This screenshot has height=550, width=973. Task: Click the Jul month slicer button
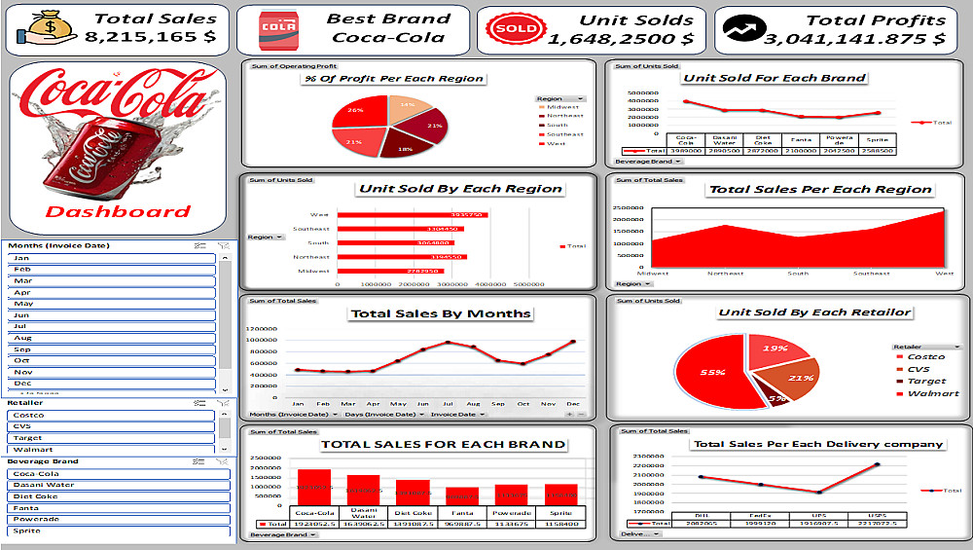coord(111,326)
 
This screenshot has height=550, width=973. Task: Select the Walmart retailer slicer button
coord(111,450)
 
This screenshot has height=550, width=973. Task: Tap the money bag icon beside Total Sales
coord(45,30)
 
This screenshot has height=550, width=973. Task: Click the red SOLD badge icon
coord(515,29)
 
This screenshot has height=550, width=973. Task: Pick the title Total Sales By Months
coord(440,313)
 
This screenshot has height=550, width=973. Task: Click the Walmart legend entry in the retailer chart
coord(932,394)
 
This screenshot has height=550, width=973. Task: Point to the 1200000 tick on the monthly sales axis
coord(263,329)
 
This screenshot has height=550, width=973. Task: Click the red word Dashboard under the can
coord(119,212)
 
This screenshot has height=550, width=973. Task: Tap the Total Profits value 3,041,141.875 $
coord(853,39)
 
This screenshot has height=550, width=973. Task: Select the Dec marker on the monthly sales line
coord(572,342)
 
